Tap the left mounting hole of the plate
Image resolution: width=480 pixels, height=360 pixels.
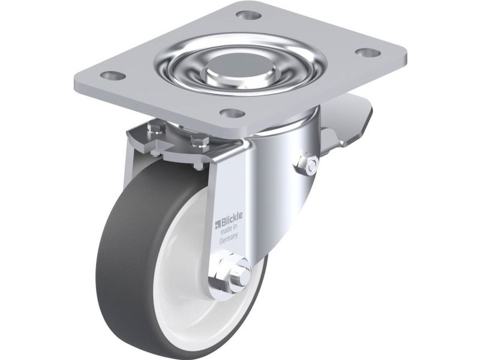[x=113, y=74]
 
